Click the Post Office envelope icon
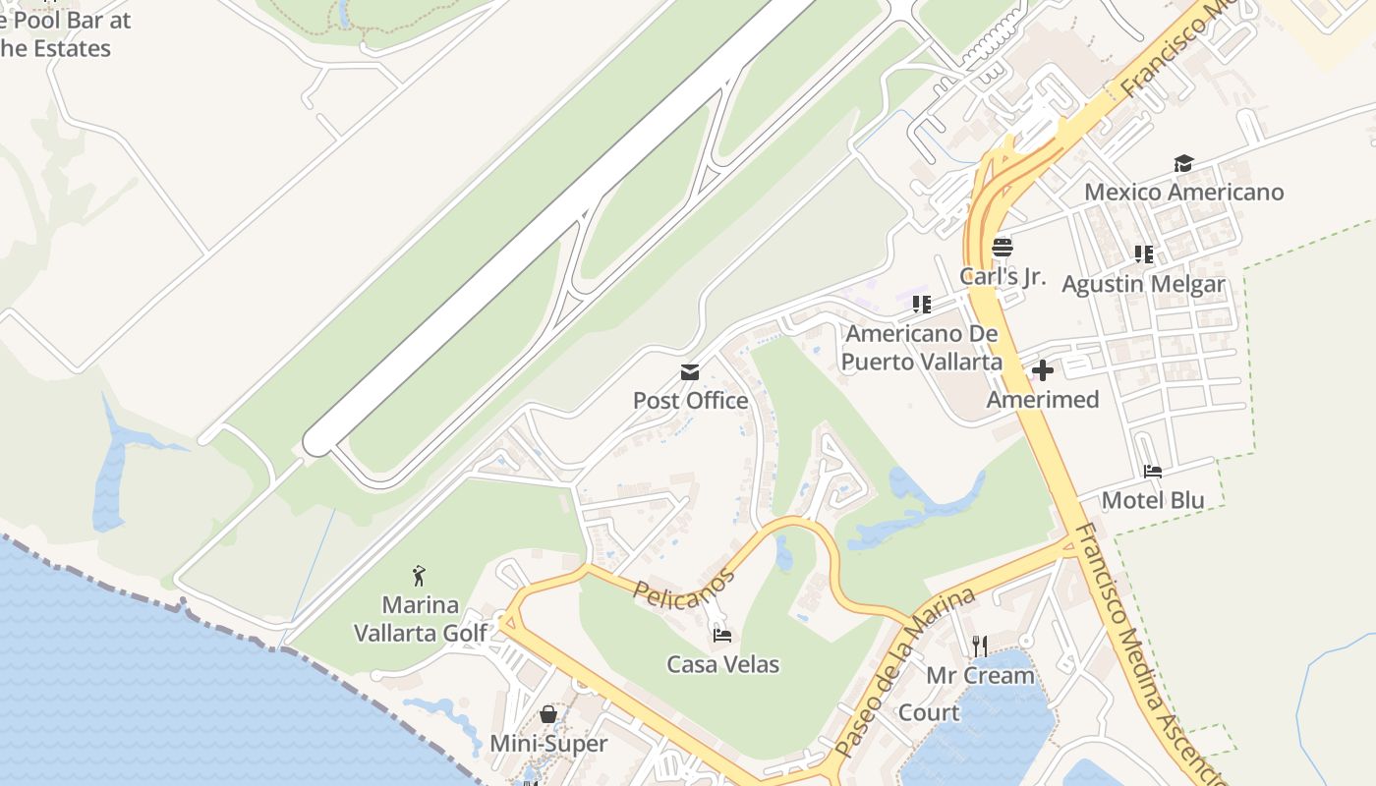pyautogui.click(x=690, y=372)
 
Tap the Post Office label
pyautogui.click(x=690, y=401)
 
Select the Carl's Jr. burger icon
pyautogui.click(x=1002, y=248)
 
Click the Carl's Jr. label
pyautogui.click(x=1002, y=276)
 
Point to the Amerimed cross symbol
pyautogui.click(x=1043, y=370)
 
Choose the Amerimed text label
pyautogui.click(x=1042, y=400)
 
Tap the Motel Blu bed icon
pyautogui.click(x=1153, y=472)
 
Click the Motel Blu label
pyautogui.click(x=1153, y=500)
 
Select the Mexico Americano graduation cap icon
pyautogui.click(x=1183, y=163)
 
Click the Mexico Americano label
pyautogui.click(x=1183, y=192)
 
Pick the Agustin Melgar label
pyautogui.click(x=1143, y=284)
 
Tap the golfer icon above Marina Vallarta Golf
pyautogui.click(x=420, y=575)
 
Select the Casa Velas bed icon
pyautogui.click(x=722, y=636)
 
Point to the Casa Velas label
pyautogui.click(x=722, y=665)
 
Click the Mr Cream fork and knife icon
pyautogui.click(x=979, y=646)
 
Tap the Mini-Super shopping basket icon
pyautogui.click(x=548, y=714)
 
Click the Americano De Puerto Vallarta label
pyautogui.click(x=921, y=348)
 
